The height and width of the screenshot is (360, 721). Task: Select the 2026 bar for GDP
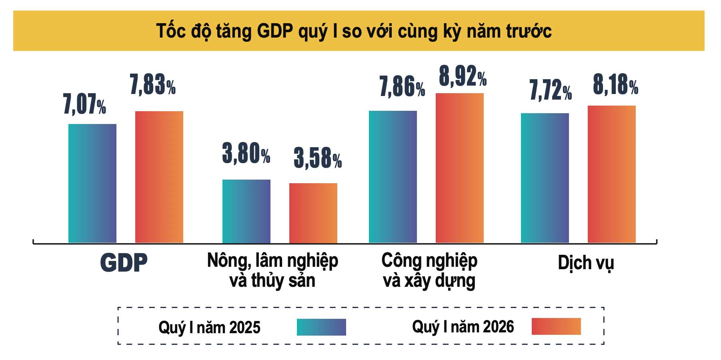click(159, 177)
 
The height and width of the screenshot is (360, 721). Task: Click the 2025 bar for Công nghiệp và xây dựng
click(393, 177)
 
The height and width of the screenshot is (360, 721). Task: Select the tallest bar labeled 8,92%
click(460, 168)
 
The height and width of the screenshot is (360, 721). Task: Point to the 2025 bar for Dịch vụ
click(545, 178)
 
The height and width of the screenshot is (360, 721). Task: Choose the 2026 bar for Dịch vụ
click(612, 174)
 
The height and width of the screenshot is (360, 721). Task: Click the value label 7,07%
click(85, 104)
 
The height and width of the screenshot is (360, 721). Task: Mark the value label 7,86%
click(402, 87)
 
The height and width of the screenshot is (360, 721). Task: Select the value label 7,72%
click(551, 90)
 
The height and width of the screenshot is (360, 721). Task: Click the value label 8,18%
click(615, 85)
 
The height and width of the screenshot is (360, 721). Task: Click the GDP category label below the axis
click(124, 263)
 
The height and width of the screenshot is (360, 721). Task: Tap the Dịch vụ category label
click(586, 263)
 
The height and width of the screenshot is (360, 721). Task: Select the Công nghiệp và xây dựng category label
click(429, 271)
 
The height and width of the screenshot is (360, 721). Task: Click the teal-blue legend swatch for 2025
click(321, 327)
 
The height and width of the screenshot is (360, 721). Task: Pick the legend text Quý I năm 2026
click(463, 327)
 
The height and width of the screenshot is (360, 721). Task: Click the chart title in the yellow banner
click(354, 31)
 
